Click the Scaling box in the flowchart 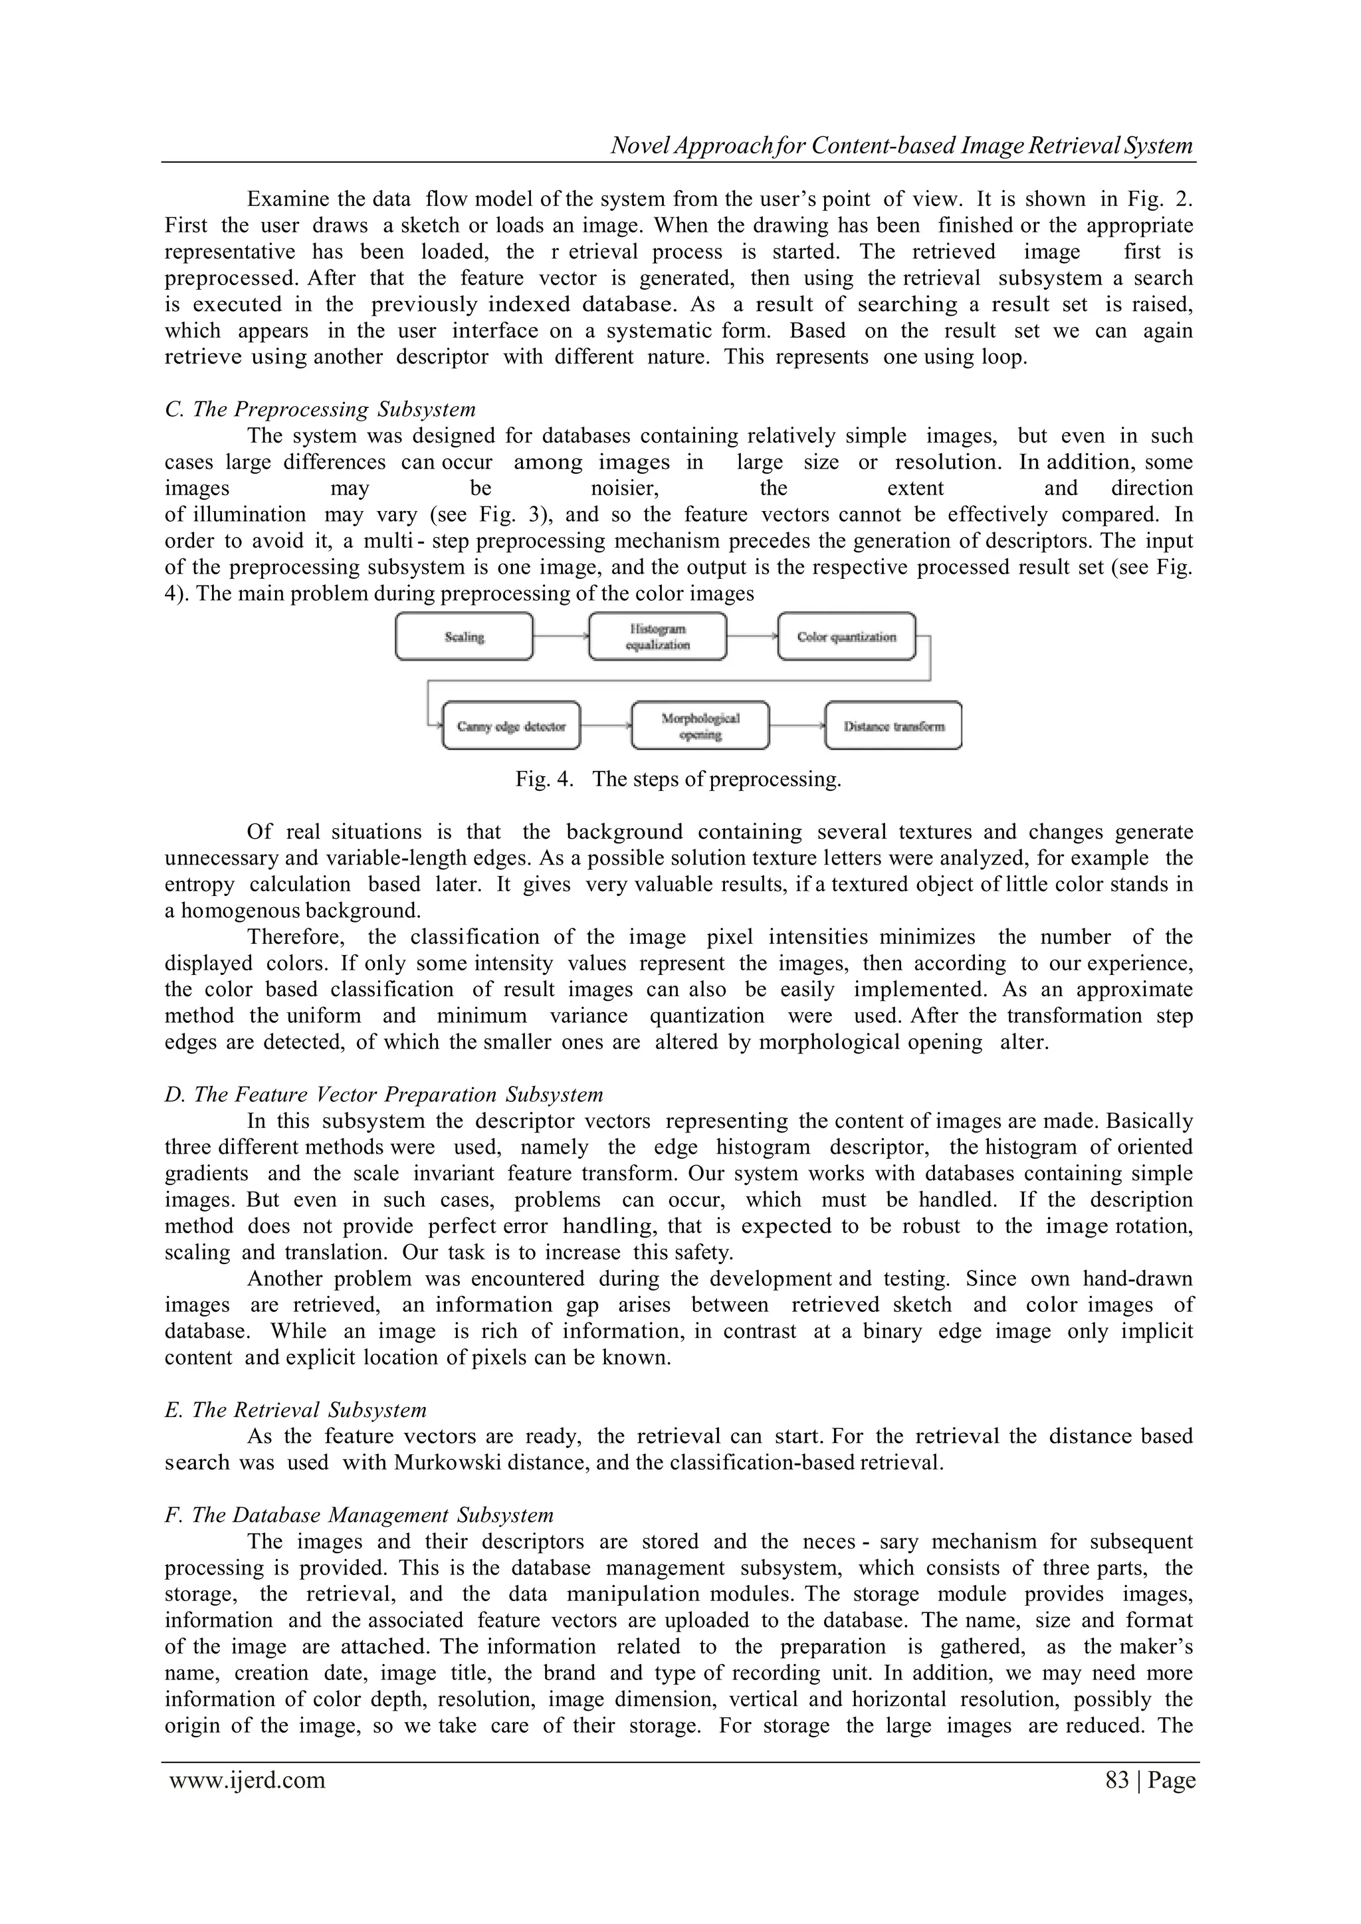pyautogui.click(x=463, y=637)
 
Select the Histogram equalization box pyautogui.click(x=657, y=637)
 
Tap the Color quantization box pyautogui.click(x=847, y=637)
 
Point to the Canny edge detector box pyautogui.click(x=511, y=726)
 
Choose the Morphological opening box pyautogui.click(x=700, y=726)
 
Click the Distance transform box pyautogui.click(x=893, y=726)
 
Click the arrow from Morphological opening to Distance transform pyautogui.click(x=797, y=726)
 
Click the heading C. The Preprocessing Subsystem pyautogui.click(x=320, y=410)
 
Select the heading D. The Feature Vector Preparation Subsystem pyautogui.click(x=384, y=1095)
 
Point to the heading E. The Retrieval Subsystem pyautogui.click(x=296, y=1410)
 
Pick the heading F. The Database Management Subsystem pyautogui.click(x=360, y=1515)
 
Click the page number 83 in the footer pyautogui.click(x=1117, y=1780)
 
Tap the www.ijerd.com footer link pyautogui.click(x=247, y=1780)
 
